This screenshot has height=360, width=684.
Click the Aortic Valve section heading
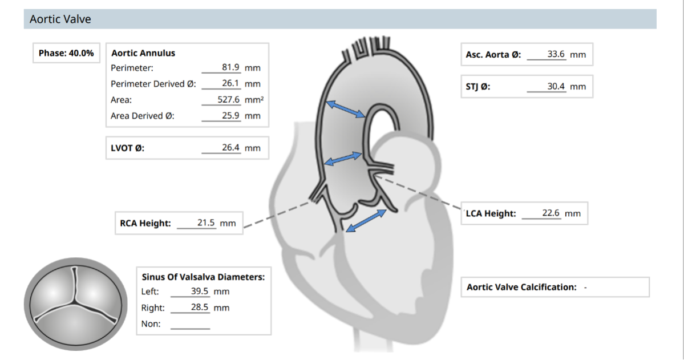pyautogui.click(x=60, y=19)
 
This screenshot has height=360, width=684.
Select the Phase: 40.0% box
pyautogui.click(x=66, y=53)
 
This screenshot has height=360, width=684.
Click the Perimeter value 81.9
pyautogui.click(x=230, y=67)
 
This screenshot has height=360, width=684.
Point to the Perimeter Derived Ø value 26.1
pyautogui.click(x=230, y=83)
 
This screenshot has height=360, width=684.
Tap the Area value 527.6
pyautogui.click(x=229, y=99)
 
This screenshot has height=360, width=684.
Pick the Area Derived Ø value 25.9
pyautogui.click(x=230, y=116)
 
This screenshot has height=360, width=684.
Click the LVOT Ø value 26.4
pyautogui.click(x=230, y=148)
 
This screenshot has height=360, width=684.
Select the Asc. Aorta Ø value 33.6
pyautogui.click(x=556, y=54)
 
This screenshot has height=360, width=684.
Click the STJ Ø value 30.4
pyautogui.click(x=556, y=86)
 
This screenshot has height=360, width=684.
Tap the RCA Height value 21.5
pyautogui.click(x=206, y=223)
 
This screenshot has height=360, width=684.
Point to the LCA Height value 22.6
pyautogui.click(x=551, y=213)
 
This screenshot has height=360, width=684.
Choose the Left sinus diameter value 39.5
pyautogui.click(x=199, y=291)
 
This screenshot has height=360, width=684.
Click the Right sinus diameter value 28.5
pyautogui.click(x=199, y=307)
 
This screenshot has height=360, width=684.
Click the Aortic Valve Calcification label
pyautogui.click(x=521, y=287)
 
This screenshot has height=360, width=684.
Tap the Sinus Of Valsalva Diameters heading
pyautogui.click(x=203, y=277)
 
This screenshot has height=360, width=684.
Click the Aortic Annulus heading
pyautogui.click(x=143, y=53)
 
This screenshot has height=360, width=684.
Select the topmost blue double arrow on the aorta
pyautogui.click(x=346, y=109)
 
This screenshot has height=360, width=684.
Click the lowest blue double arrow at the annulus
pyautogui.click(x=366, y=221)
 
